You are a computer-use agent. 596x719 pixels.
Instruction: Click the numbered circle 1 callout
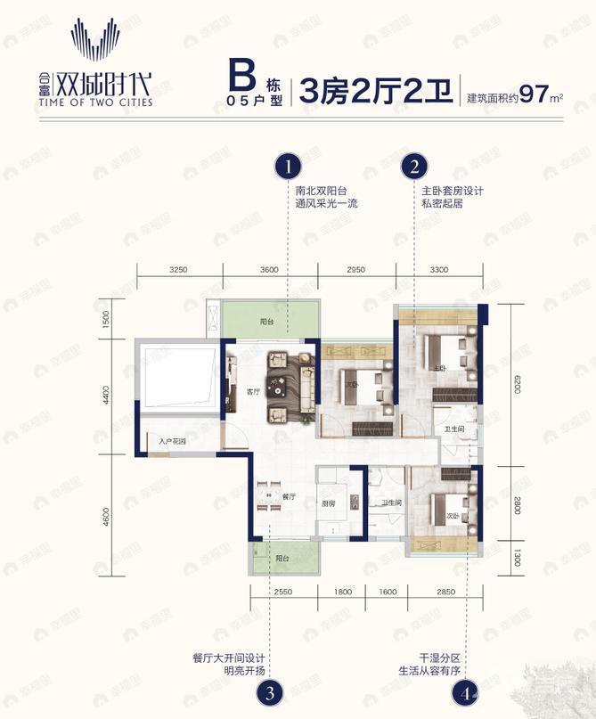[287, 166]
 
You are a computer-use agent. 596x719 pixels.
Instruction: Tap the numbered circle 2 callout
[414, 166]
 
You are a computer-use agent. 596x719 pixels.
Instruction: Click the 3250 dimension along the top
[178, 269]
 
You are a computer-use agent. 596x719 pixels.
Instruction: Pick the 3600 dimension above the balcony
[271, 269]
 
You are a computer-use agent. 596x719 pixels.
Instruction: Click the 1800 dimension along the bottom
[342, 592]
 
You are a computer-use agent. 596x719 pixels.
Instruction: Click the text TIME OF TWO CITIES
[110, 102]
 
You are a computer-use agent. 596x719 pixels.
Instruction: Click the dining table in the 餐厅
[265, 498]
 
